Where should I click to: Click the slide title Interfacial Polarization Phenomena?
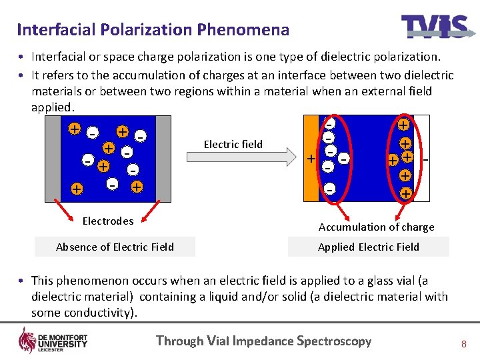point(153,30)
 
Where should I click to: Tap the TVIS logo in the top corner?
point(434,27)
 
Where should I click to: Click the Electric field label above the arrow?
point(233,144)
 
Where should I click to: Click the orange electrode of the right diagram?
point(311,157)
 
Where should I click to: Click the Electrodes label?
point(107,221)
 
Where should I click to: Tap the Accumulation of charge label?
point(376,227)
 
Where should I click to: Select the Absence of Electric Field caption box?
point(115,247)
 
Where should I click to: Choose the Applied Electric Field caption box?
point(368,247)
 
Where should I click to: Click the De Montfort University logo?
point(53,341)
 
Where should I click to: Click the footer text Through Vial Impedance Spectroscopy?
point(263,341)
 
